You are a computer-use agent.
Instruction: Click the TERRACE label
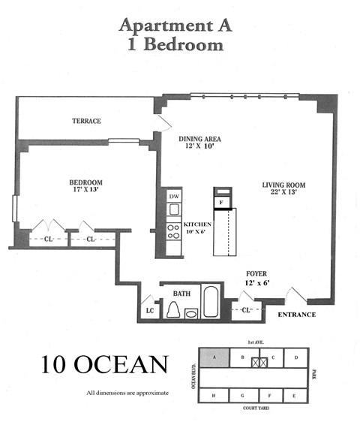pyautogui.click(x=86, y=121)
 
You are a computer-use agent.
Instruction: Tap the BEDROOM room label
pyautogui.click(x=86, y=182)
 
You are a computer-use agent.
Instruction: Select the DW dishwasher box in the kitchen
pyautogui.click(x=174, y=197)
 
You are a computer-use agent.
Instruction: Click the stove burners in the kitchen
pyautogui.click(x=173, y=231)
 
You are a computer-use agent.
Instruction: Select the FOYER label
pyautogui.click(x=257, y=275)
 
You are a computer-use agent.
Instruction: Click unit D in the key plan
pyautogui.click(x=296, y=357)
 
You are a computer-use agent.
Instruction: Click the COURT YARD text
pyautogui.click(x=255, y=411)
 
